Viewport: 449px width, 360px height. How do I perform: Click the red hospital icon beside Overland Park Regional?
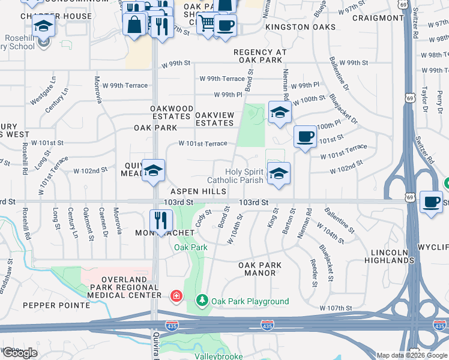click(x=176, y=295)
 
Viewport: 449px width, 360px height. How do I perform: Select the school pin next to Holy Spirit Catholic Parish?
click(x=279, y=174)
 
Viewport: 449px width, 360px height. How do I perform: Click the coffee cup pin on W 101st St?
click(x=305, y=137)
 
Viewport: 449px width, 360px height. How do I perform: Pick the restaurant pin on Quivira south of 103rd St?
click(x=161, y=220)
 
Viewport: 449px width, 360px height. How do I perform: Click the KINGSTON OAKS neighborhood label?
click(x=301, y=28)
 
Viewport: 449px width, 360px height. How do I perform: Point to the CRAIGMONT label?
click(x=378, y=18)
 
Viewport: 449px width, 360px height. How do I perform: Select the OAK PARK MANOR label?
click(x=257, y=269)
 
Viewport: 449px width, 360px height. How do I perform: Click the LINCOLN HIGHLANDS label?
click(x=389, y=256)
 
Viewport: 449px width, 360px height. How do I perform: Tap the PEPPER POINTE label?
click(x=56, y=305)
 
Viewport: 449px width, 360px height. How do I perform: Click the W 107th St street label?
click(x=336, y=308)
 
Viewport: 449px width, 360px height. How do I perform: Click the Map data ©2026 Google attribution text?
click(x=412, y=355)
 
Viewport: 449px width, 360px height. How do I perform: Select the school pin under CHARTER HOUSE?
click(x=43, y=26)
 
